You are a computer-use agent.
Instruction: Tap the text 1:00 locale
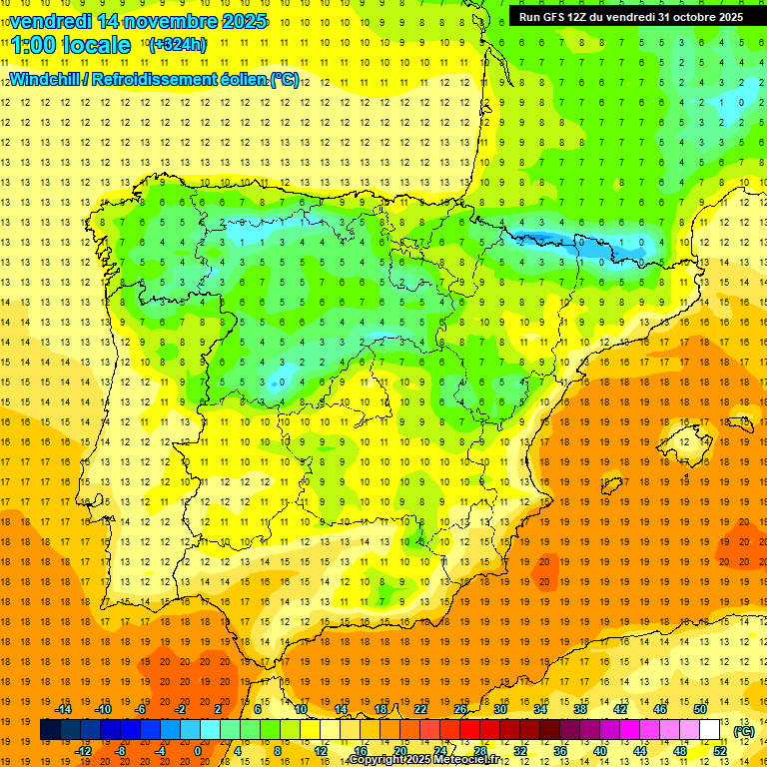point(71,45)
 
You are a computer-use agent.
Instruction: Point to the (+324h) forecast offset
point(177,45)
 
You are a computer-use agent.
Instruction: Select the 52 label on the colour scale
point(720,751)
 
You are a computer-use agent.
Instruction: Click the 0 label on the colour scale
point(198,751)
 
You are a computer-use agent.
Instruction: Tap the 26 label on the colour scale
point(460,709)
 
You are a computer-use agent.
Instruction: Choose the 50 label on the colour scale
point(700,709)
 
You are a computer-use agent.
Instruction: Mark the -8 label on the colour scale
point(120,751)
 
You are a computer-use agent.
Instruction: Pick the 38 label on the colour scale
point(580,709)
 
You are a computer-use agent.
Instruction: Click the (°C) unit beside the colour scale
point(743,731)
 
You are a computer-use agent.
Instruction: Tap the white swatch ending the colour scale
point(710,730)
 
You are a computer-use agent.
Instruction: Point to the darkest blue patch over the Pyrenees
point(539,239)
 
